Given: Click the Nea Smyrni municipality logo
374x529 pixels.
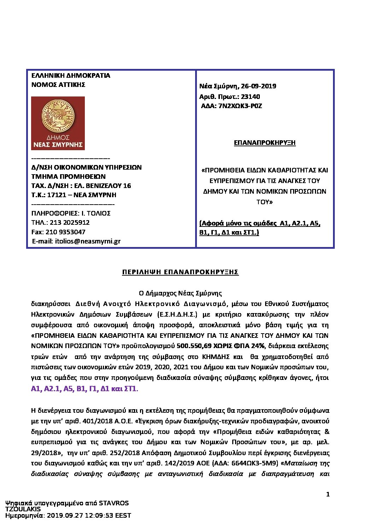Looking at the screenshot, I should coord(58,123).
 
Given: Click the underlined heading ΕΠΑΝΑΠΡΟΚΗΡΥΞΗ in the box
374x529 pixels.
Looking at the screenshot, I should coord(265,143).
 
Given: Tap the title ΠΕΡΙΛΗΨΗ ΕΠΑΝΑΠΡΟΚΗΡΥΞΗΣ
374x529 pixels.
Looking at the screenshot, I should coord(180,272).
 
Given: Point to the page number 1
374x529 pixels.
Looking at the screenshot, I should coord(328,494).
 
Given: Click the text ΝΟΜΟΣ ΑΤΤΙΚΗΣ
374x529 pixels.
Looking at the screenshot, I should coord(58,84).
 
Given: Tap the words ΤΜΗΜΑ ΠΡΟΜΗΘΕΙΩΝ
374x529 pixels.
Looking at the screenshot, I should coord(69,176).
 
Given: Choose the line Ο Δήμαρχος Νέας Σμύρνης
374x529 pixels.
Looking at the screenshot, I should coord(180,293).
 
